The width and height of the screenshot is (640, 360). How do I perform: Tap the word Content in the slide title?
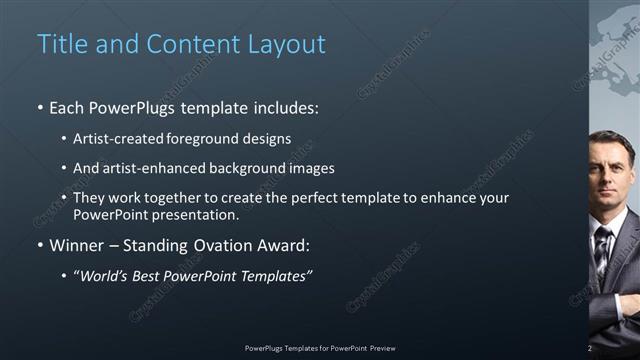[187, 44]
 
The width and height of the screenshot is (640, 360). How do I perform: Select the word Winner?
[78, 245]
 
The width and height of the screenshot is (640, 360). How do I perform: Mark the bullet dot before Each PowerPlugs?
[40, 106]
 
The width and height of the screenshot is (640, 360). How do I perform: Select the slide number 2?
[590, 348]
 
